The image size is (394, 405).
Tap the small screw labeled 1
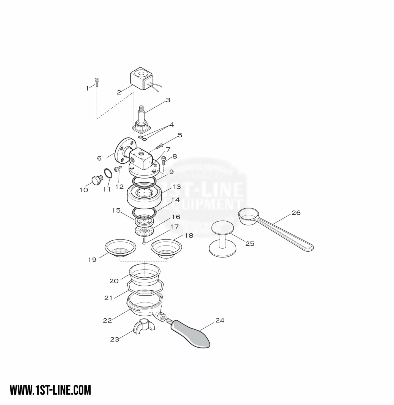pyautogui.click(x=96, y=82)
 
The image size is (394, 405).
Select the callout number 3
pyautogui.click(x=168, y=100)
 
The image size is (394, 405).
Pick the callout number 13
pyautogui.click(x=177, y=187)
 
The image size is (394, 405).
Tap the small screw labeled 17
pyautogui.click(x=144, y=240)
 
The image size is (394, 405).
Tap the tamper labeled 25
pyautogui.click(x=222, y=238)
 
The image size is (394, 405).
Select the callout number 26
pyautogui.click(x=296, y=213)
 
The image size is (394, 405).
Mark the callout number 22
pyautogui.click(x=107, y=320)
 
